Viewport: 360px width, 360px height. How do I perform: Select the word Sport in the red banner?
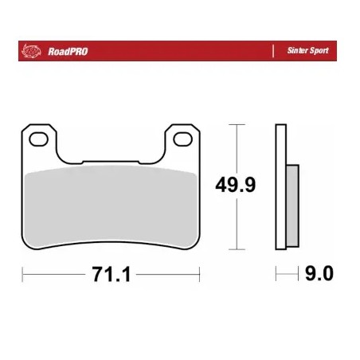tap(319, 51)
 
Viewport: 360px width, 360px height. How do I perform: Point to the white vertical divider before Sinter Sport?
tap(273, 51)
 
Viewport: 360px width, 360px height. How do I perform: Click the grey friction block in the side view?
tap(292, 205)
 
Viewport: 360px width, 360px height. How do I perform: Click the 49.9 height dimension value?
tap(237, 186)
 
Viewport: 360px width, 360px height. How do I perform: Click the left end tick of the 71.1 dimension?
tap(22, 275)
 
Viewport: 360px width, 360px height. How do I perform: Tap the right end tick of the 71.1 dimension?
tap(199, 275)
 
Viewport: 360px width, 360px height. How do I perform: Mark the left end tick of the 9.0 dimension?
tap(276, 275)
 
